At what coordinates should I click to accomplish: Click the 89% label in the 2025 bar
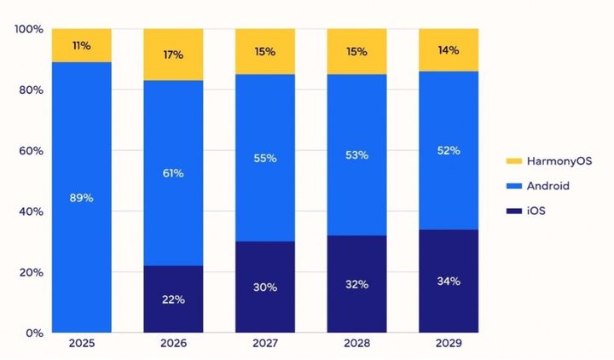[82, 198]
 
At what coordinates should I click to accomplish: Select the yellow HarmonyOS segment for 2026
[173, 55]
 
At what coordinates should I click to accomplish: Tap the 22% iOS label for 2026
[173, 300]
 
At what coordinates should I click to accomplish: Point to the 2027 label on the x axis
[264, 345]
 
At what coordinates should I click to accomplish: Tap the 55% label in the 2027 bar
[264, 159]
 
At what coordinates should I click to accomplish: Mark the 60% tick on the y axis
[31, 151]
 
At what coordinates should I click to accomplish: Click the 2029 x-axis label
[449, 345]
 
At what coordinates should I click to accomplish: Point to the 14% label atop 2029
[449, 50]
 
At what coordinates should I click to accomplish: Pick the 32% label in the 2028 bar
[356, 284]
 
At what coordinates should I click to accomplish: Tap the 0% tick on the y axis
[34, 333]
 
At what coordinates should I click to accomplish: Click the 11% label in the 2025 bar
[82, 45]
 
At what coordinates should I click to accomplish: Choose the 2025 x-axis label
[82, 345]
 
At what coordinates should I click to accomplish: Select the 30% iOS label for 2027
[264, 287]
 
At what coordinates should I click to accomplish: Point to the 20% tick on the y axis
[31, 272]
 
